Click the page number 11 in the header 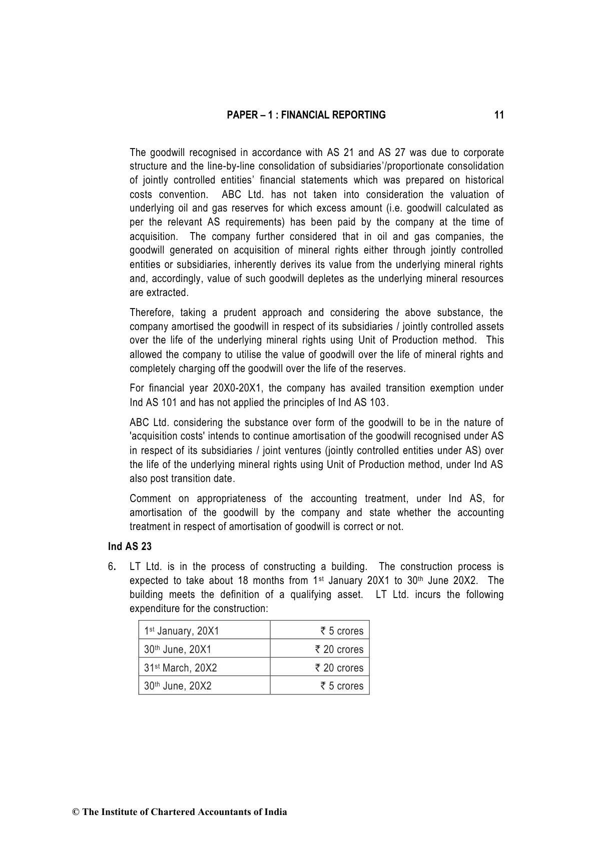coord(498,115)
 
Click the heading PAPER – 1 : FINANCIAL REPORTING coord(306,115)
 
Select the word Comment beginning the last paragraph coord(150,498)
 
